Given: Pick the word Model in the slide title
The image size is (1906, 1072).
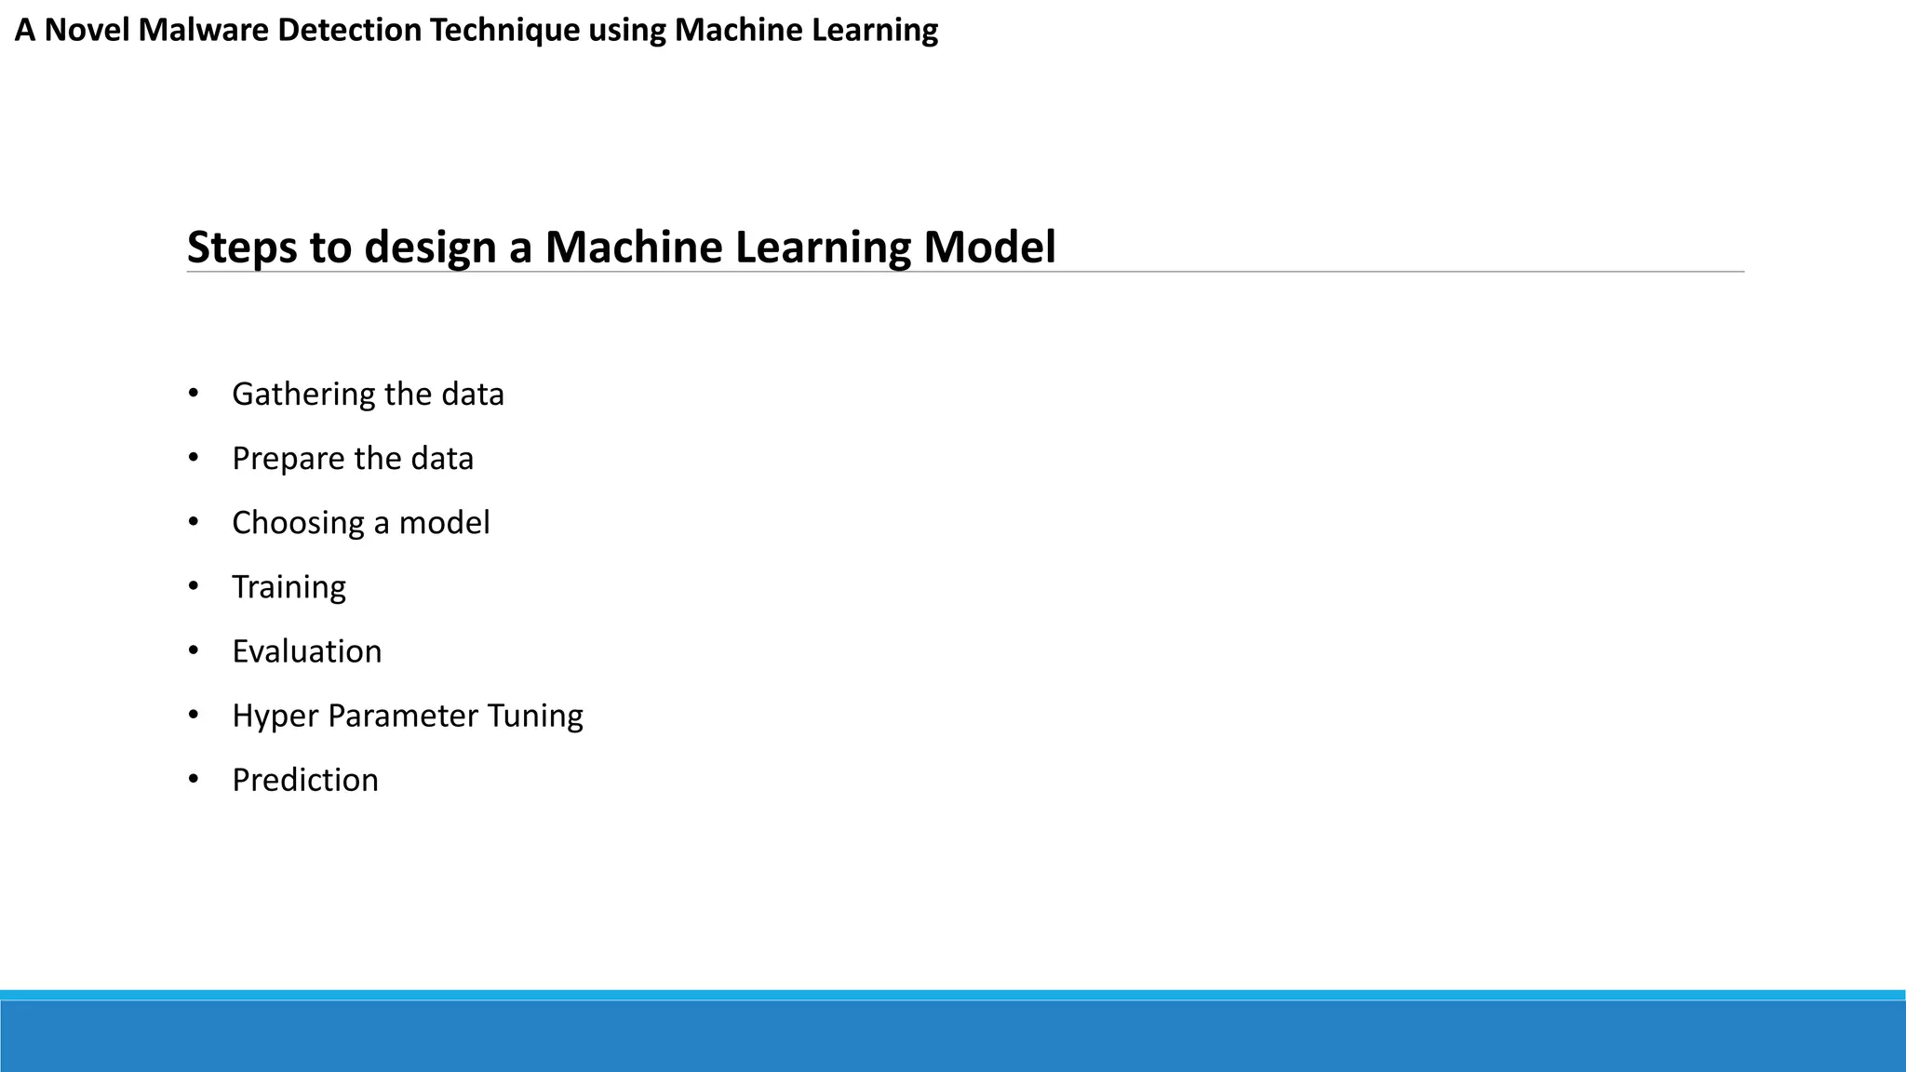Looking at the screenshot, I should (x=989, y=248).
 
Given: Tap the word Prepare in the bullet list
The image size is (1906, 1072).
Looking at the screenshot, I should (x=289, y=459).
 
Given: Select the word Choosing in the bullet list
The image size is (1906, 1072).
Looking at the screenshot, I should (x=298, y=523).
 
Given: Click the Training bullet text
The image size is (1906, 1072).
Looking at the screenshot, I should (x=289, y=587).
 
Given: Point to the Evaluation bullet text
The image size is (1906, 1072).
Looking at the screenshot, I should (x=306, y=651).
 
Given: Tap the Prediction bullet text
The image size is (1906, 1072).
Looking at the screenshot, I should (x=305, y=780).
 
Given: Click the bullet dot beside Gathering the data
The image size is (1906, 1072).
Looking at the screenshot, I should (x=194, y=394).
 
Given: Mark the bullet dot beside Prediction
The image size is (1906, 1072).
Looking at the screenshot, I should (x=194, y=779).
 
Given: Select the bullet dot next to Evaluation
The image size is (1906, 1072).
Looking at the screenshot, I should (x=194, y=650).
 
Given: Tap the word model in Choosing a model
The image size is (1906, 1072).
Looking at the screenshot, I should (x=444, y=523).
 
